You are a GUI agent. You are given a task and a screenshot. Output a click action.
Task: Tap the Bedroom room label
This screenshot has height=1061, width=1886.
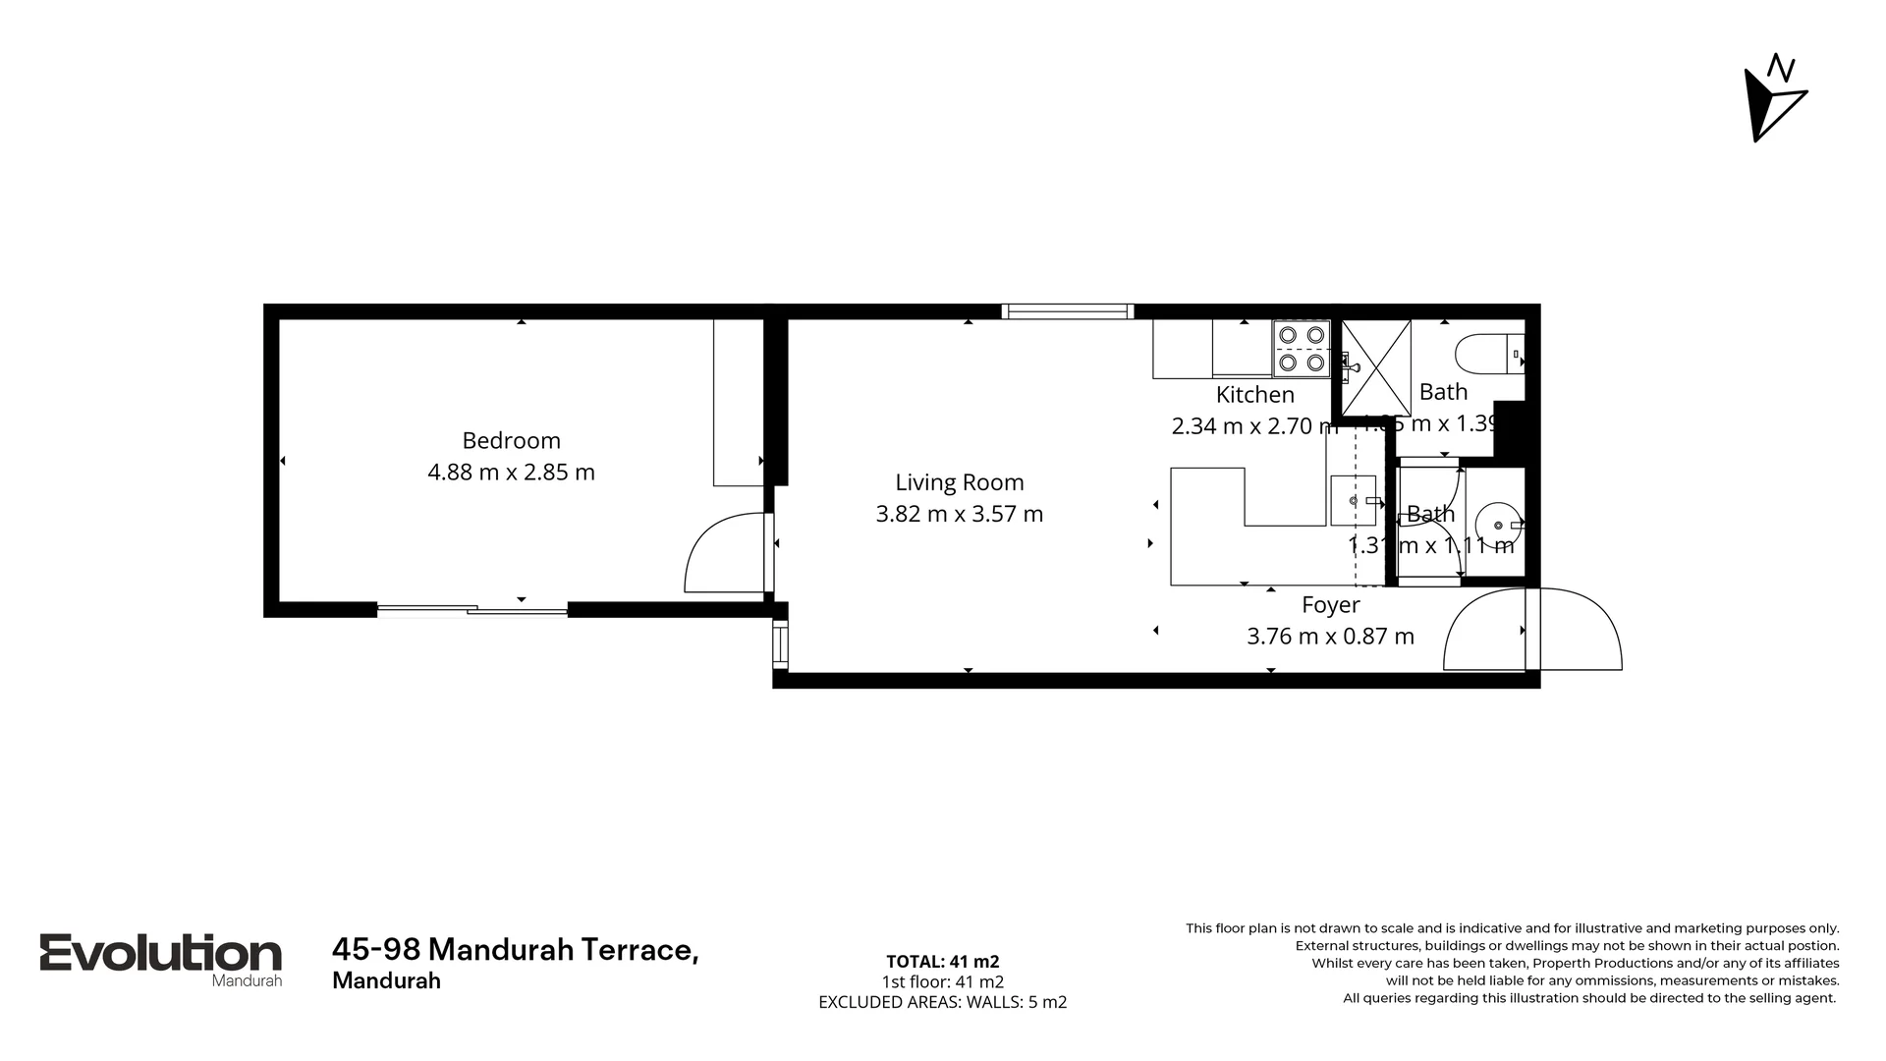pos(511,440)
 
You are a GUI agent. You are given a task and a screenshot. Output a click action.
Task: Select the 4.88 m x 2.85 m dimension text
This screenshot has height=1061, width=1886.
pos(511,473)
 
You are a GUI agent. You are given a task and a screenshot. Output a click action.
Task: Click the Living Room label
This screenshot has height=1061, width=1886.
pos(959,482)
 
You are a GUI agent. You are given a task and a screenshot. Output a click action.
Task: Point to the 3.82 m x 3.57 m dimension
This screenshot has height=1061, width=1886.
pos(959,514)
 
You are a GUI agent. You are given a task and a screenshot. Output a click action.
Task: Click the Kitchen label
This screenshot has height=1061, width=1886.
pos(1254,395)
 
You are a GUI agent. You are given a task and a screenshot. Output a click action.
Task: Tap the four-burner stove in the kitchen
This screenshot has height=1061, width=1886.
pos(1301,349)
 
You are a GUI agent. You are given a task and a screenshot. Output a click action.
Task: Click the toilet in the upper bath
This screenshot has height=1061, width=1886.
pos(1485,354)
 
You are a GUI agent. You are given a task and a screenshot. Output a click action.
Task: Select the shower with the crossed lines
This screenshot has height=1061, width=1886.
pos(1375,366)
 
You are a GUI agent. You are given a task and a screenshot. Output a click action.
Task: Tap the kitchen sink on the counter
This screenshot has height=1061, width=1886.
pos(1353,501)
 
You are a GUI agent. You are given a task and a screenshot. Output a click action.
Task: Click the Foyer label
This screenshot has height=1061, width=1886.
pos(1330,605)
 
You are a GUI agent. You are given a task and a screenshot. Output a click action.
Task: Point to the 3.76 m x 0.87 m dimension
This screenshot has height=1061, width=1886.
pos(1330,637)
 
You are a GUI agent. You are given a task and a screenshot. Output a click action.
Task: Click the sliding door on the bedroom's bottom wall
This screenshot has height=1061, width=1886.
pos(472,610)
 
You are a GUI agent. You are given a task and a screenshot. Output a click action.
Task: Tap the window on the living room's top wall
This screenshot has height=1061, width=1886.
pos(1067,311)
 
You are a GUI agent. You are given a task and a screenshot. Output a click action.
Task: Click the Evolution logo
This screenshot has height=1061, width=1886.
pos(160,955)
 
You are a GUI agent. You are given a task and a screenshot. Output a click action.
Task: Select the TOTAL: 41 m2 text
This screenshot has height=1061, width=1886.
pos(942,962)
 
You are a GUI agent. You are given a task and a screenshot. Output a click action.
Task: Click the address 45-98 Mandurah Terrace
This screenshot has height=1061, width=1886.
pos(515,950)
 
